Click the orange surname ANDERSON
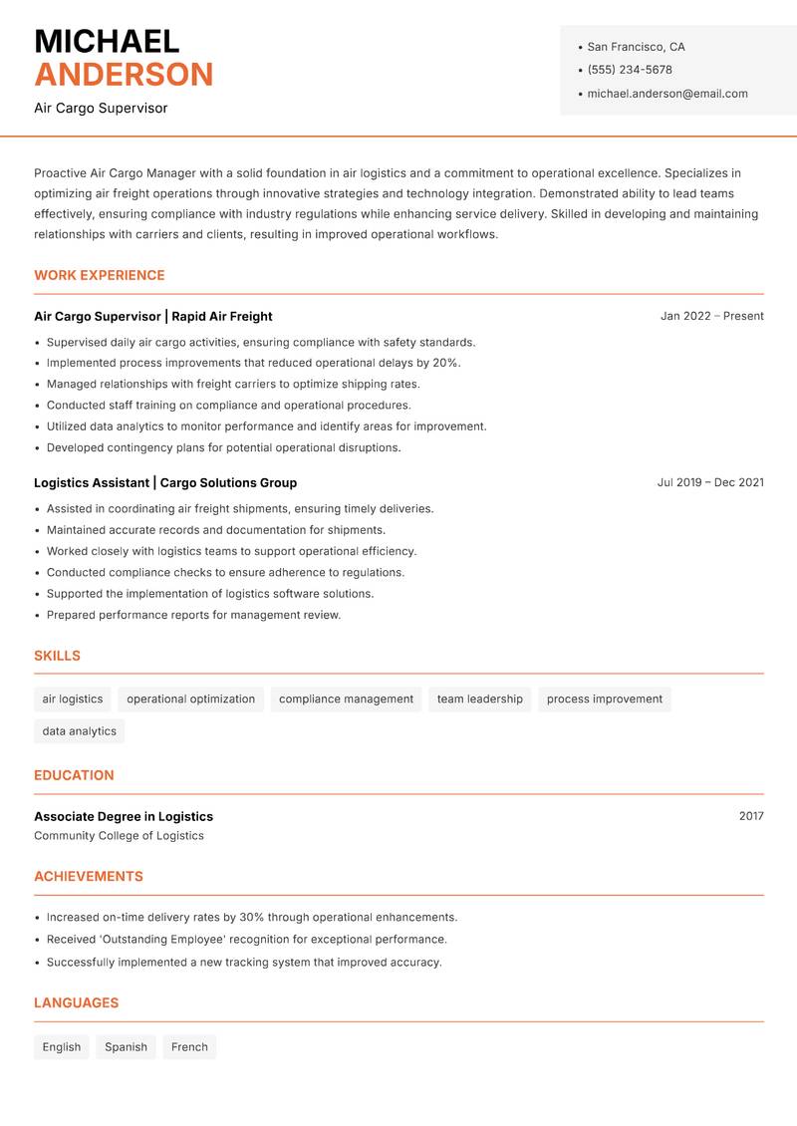(x=124, y=75)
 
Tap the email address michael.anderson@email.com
(x=666, y=94)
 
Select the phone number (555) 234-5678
(x=629, y=70)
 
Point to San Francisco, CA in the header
(x=636, y=47)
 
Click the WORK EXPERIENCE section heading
(x=100, y=275)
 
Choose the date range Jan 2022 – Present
(x=711, y=316)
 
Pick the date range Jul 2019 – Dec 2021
(x=710, y=482)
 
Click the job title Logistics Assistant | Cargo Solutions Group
(x=165, y=483)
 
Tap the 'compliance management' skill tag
(x=346, y=700)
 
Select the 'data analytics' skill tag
(x=80, y=731)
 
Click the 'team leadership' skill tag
(x=479, y=700)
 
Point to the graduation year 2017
(x=751, y=816)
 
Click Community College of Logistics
(x=119, y=836)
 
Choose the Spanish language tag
(x=126, y=1047)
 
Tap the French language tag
(x=189, y=1047)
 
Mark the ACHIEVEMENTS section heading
(x=89, y=877)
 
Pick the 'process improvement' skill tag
(x=604, y=700)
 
